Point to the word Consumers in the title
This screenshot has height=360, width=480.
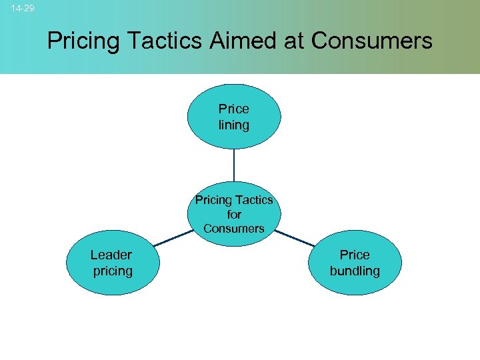(x=371, y=41)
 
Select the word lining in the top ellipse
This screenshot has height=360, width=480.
(x=234, y=125)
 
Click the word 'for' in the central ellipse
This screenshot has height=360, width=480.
(x=234, y=215)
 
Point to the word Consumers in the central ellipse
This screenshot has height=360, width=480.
(x=234, y=229)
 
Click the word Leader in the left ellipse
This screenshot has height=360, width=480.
(x=111, y=255)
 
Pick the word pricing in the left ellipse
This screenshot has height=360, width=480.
(x=113, y=271)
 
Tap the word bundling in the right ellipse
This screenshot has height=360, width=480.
(x=355, y=271)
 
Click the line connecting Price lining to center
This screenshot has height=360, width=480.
(x=234, y=165)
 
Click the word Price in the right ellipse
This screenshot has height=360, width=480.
(x=355, y=255)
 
